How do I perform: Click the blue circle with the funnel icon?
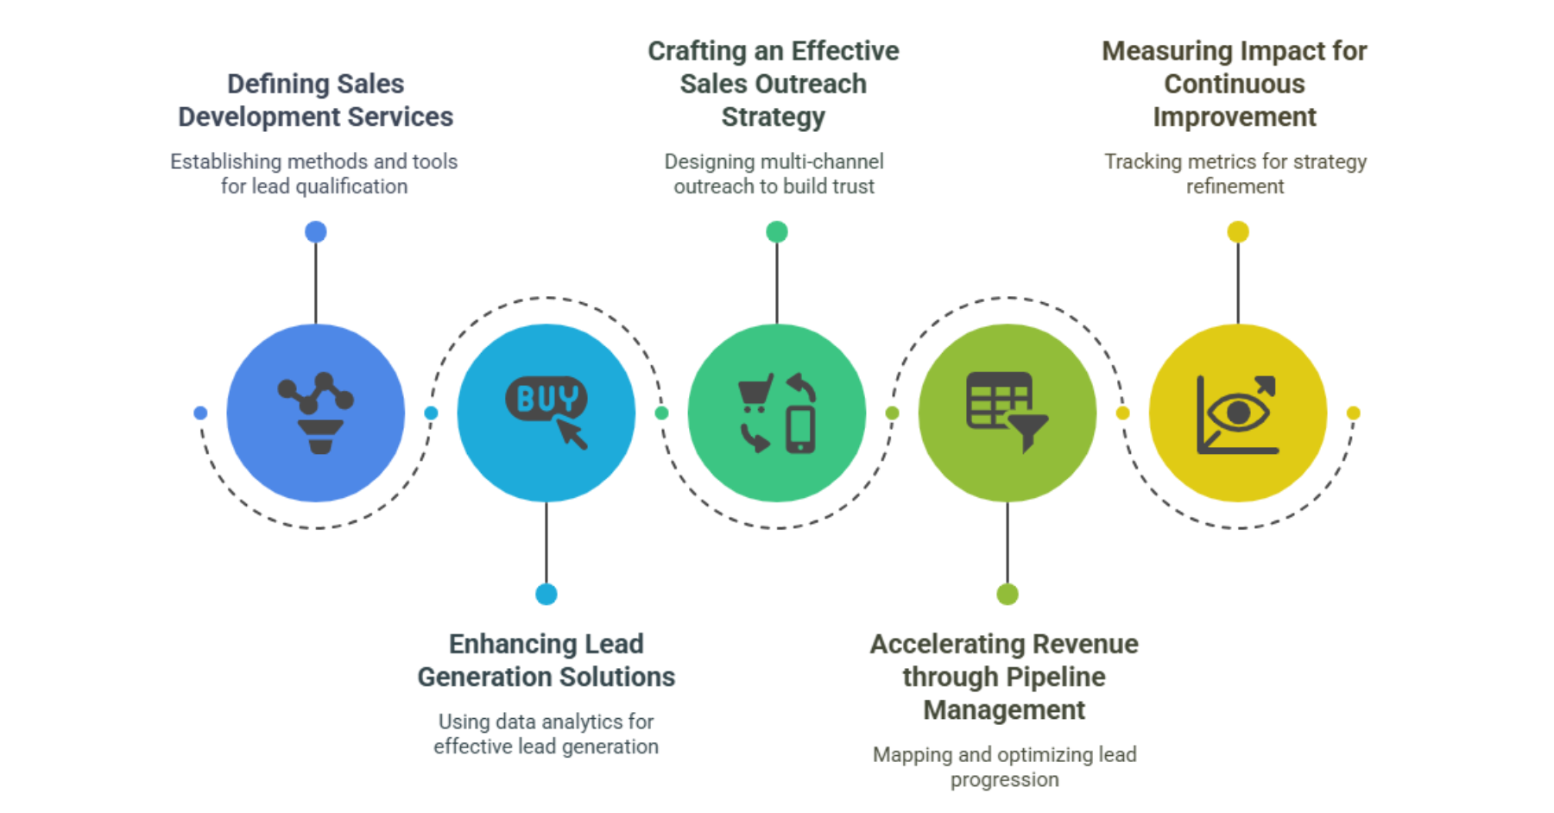(x=316, y=413)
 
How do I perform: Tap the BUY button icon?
(x=546, y=400)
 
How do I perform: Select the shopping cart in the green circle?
(x=755, y=391)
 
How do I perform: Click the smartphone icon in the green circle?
(x=800, y=429)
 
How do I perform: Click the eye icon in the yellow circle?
(x=1238, y=413)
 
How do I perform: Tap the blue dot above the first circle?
(x=316, y=231)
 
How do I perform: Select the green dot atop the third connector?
(x=777, y=231)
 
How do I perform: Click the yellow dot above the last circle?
(x=1238, y=231)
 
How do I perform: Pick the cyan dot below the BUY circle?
(x=546, y=594)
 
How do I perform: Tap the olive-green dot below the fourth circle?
(x=1008, y=594)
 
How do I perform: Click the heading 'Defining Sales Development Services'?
(x=316, y=100)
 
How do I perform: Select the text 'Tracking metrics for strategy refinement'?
(x=1235, y=173)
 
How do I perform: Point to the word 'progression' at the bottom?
(x=1005, y=779)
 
